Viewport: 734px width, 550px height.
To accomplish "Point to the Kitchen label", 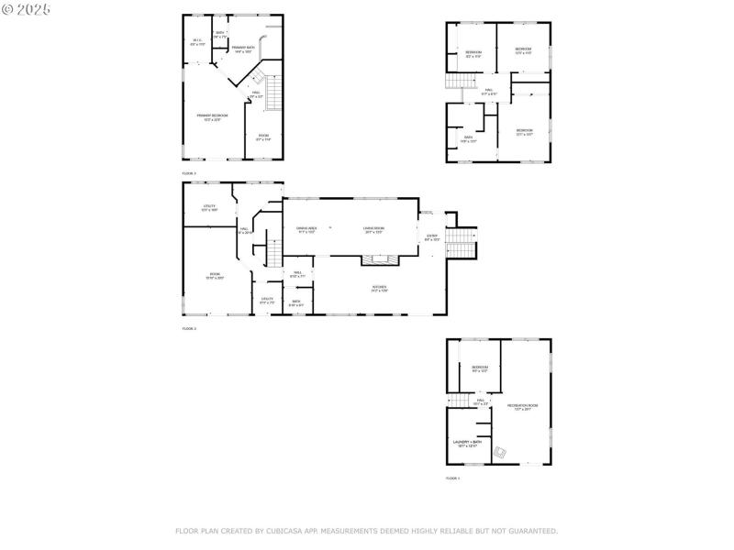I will pyautogui.click(x=379, y=289).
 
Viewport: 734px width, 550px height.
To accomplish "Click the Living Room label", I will pyautogui.click(x=373, y=230).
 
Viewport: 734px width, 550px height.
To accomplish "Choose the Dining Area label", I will pyautogui.click(x=306, y=230).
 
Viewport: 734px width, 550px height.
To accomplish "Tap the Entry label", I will pyautogui.click(x=432, y=237).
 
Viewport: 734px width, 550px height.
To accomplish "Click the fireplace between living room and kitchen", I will pyautogui.click(x=381, y=260).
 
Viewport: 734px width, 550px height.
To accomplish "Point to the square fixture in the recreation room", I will pyautogui.click(x=502, y=452).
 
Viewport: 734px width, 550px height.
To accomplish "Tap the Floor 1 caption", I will pyautogui.click(x=452, y=478).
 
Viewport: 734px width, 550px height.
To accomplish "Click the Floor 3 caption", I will pyautogui.click(x=189, y=173).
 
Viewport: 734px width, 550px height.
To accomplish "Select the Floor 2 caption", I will pyautogui.click(x=189, y=328).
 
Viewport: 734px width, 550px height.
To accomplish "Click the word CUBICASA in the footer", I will pyautogui.click(x=296, y=531).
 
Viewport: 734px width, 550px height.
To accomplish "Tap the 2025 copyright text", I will pyautogui.click(x=27, y=8).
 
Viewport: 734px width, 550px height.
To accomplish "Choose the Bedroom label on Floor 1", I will pyautogui.click(x=479, y=368).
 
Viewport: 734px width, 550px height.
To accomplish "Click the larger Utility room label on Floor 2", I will pyautogui.click(x=209, y=208).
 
